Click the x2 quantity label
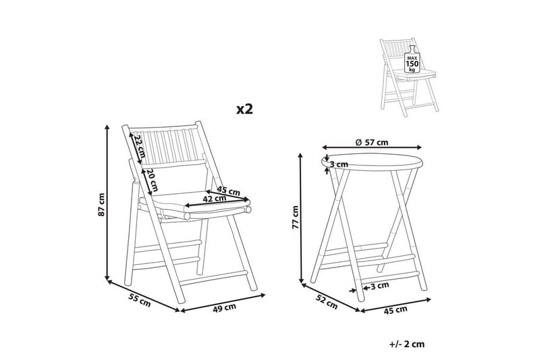pos(244,109)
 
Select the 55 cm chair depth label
pos(140,300)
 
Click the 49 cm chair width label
pos(224,307)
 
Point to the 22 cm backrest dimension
pos(139,146)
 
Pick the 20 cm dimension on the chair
pos(152,180)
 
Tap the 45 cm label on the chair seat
pos(228,190)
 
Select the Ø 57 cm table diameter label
pos(372,142)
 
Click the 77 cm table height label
pos(295,217)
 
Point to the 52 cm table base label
pos(327,302)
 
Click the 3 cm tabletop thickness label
pos(339,164)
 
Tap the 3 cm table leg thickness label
pos(380,286)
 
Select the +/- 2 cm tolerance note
pos(407,344)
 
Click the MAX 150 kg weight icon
pos(412,59)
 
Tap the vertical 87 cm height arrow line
pos(107,203)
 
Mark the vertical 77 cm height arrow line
pos(301,218)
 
